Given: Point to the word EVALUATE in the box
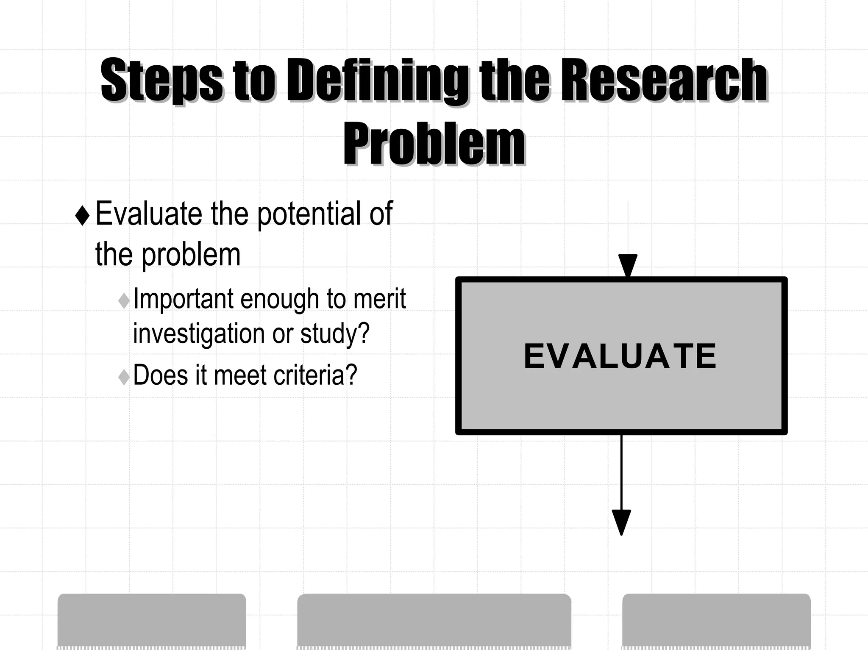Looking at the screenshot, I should tap(620, 356).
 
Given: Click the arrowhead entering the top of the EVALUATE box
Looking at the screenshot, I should tap(628, 265).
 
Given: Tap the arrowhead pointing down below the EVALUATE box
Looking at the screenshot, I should tap(621, 521).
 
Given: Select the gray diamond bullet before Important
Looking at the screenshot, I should tap(124, 300).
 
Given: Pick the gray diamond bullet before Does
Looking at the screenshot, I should tap(124, 376).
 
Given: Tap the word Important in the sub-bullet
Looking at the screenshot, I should tap(184, 299).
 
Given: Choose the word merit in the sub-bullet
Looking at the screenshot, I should tap(379, 299).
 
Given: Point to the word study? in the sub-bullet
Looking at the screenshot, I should tap(335, 333).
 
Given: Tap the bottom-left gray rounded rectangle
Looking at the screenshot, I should tap(152, 620).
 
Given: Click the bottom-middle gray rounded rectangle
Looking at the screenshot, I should tap(434, 620).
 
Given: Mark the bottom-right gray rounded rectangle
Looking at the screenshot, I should tap(716, 620).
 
